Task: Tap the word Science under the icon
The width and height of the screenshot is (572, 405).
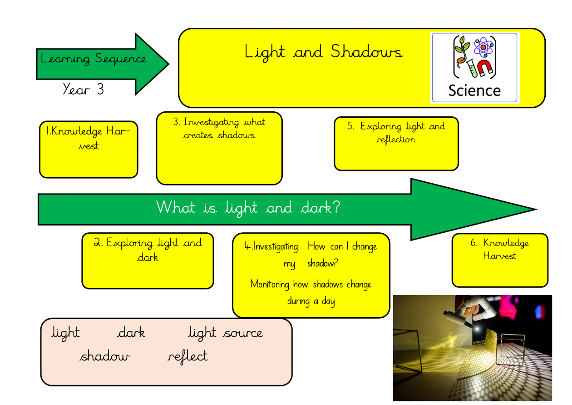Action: click(x=474, y=90)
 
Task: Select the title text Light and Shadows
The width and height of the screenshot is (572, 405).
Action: click(x=323, y=52)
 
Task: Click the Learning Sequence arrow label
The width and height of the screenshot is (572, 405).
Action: click(x=94, y=59)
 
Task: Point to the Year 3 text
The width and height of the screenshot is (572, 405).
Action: click(x=84, y=89)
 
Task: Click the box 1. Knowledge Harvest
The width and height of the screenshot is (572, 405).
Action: click(x=89, y=149)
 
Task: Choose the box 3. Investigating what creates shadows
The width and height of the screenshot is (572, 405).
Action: click(x=219, y=148)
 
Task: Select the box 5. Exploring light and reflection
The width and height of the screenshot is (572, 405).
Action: click(x=396, y=144)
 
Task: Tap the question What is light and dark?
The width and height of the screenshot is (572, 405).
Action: click(x=248, y=208)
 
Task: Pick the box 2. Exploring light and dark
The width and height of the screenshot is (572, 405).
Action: click(x=148, y=261)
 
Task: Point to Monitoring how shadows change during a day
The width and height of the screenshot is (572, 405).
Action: click(x=311, y=292)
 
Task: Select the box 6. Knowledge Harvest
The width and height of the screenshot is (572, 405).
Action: click(x=500, y=260)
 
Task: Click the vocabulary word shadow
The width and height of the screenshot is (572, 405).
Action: click(x=105, y=356)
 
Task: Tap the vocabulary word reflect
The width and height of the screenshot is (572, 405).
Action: click(x=187, y=356)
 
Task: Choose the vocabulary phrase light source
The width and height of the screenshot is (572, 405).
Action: click(x=225, y=333)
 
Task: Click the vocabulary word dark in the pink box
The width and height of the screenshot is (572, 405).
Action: click(x=131, y=333)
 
